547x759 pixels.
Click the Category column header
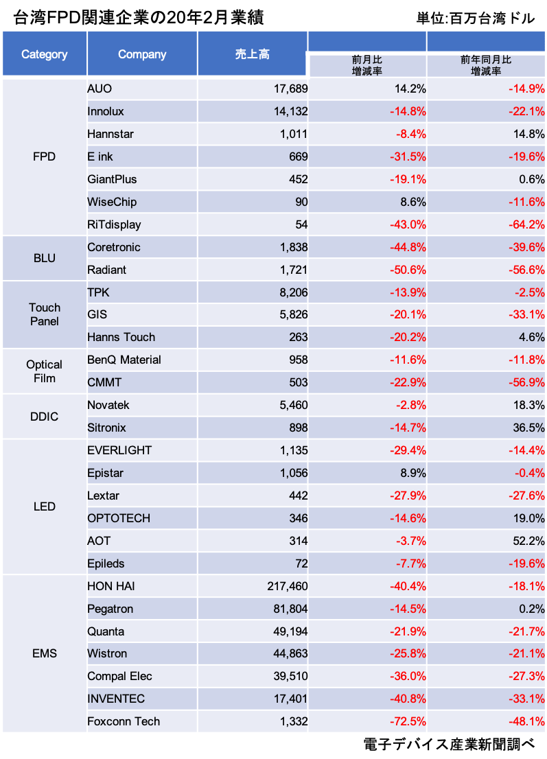(x=45, y=54)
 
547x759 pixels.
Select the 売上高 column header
(x=252, y=54)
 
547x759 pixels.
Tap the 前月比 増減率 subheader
(x=368, y=65)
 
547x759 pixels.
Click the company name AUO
(x=100, y=89)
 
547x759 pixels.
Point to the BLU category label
(x=45, y=258)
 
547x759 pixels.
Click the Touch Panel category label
(x=45, y=314)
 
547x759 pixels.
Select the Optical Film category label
(x=45, y=371)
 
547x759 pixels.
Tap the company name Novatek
(x=108, y=405)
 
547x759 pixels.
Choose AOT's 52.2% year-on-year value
(x=528, y=541)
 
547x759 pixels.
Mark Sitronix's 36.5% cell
(x=528, y=428)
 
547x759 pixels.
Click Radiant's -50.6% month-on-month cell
(x=408, y=270)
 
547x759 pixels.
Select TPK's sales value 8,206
(x=290, y=292)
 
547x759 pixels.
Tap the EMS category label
(x=45, y=653)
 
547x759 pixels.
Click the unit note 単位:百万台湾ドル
(x=475, y=18)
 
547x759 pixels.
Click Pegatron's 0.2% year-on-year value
(x=531, y=609)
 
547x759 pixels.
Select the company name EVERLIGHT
(x=119, y=450)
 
